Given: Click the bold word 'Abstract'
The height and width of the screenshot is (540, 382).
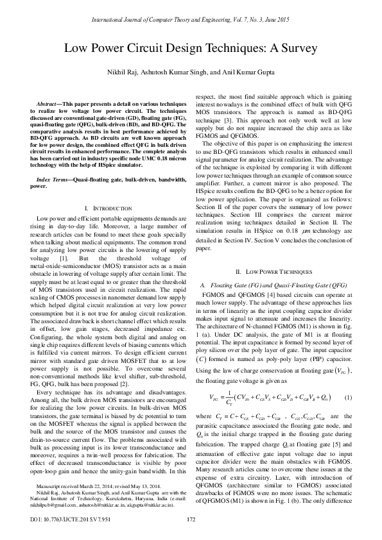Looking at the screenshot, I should pyautogui.click(x=49, y=104).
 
